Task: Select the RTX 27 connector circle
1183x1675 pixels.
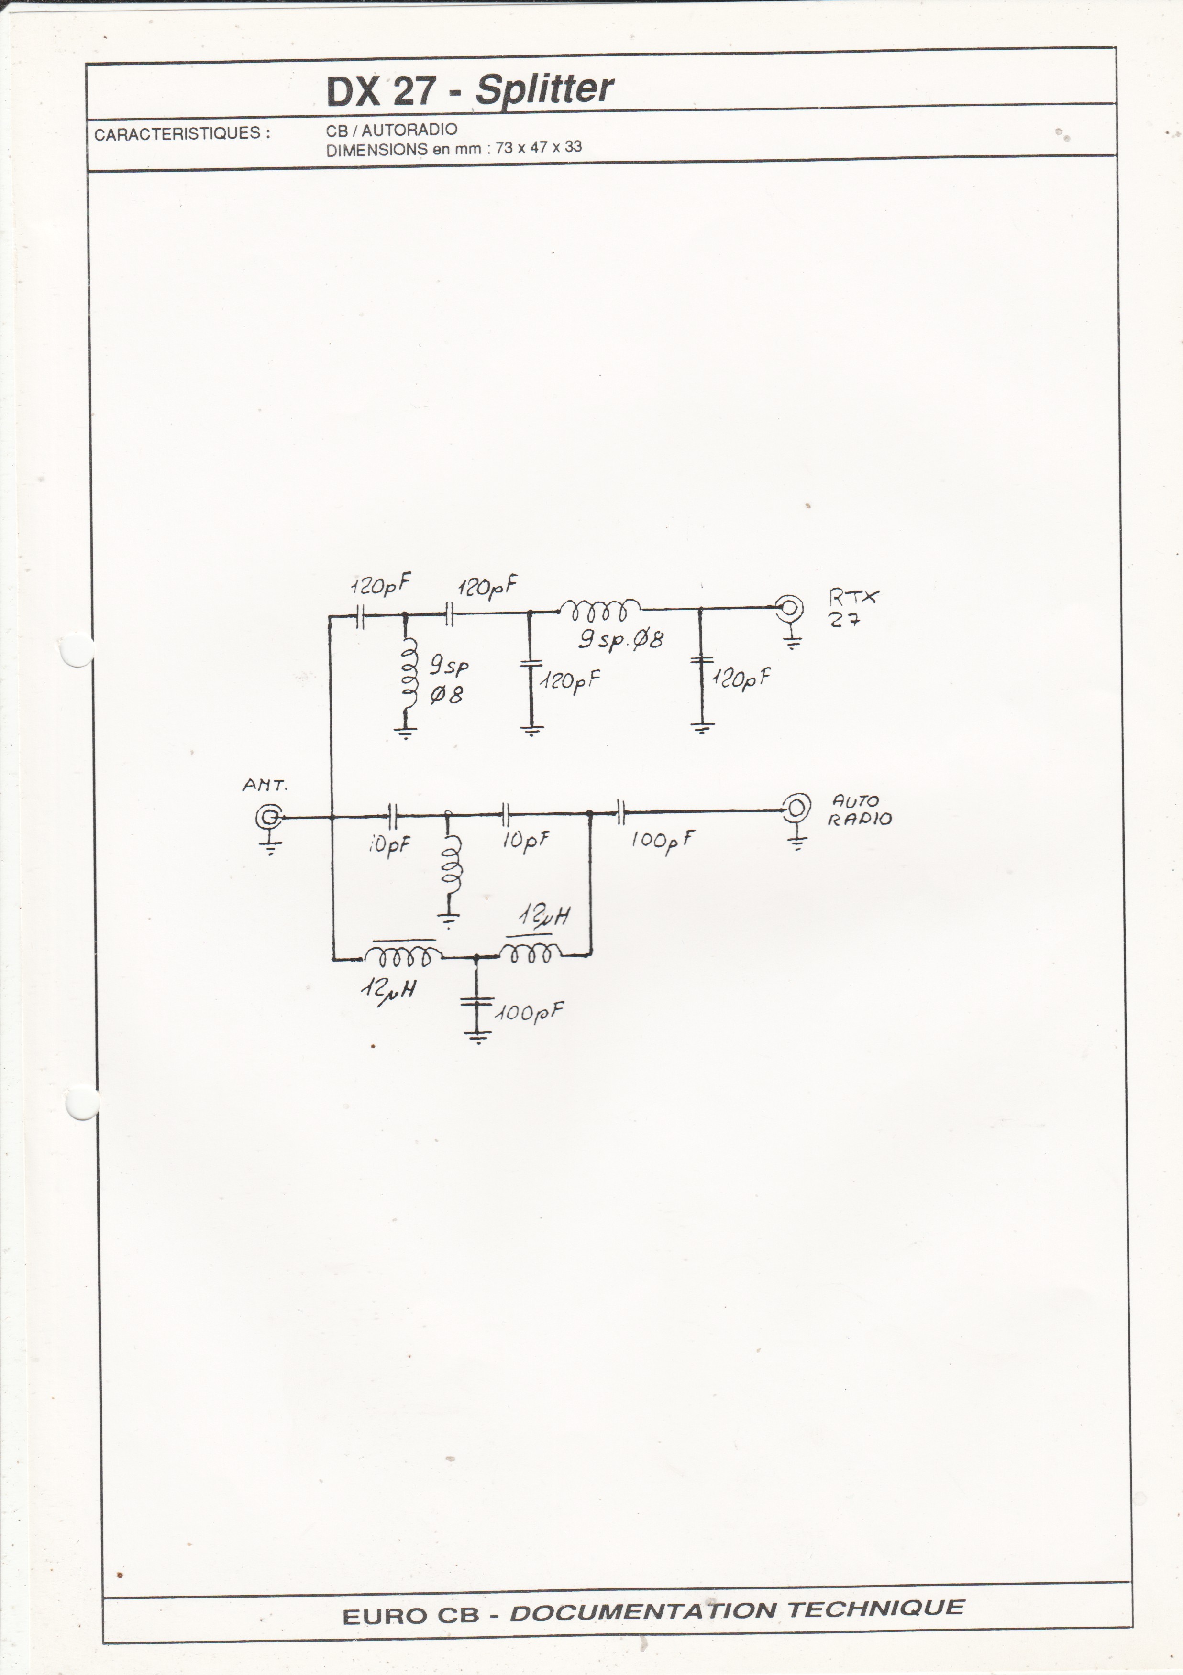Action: coord(790,607)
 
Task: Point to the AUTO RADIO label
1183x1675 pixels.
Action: coord(859,810)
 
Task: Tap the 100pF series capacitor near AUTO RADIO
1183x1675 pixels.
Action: coord(620,810)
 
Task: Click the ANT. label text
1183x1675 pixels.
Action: coord(265,786)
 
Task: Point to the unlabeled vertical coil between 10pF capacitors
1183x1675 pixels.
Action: coord(451,872)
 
